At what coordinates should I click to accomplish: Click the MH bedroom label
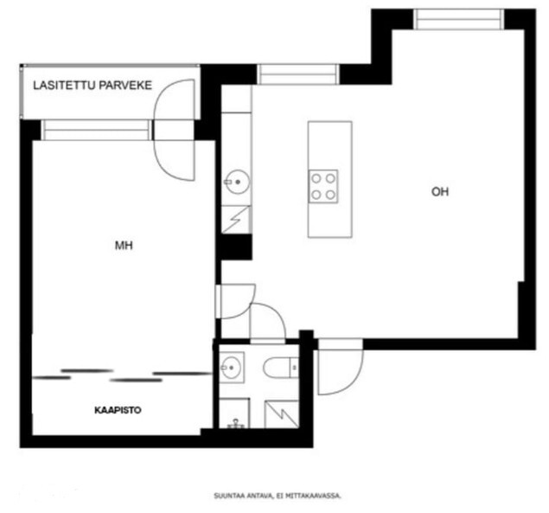click(x=124, y=246)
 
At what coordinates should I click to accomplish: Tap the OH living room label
click(x=440, y=192)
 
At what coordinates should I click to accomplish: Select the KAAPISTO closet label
click(x=118, y=410)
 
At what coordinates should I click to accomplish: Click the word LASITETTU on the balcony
click(x=64, y=85)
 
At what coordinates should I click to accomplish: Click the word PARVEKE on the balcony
click(x=125, y=85)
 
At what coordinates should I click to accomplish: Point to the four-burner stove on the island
click(x=323, y=186)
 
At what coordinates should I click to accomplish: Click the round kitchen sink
click(x=237, y=182)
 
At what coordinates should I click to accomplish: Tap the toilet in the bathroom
click(x=281, y=368)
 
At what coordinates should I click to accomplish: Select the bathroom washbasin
click(x=232, y=368)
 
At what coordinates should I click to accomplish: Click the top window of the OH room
click(x=459, y=19)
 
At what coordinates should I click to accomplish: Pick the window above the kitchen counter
click(x=298, y=74)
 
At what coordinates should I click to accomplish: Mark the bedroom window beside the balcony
click(x=97, y=130)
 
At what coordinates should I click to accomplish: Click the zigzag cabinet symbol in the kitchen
click(x=236, y=220)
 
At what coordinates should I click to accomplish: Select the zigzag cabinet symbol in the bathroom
click(x=282, y=414)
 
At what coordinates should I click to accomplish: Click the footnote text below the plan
click(x=278, y=496)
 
